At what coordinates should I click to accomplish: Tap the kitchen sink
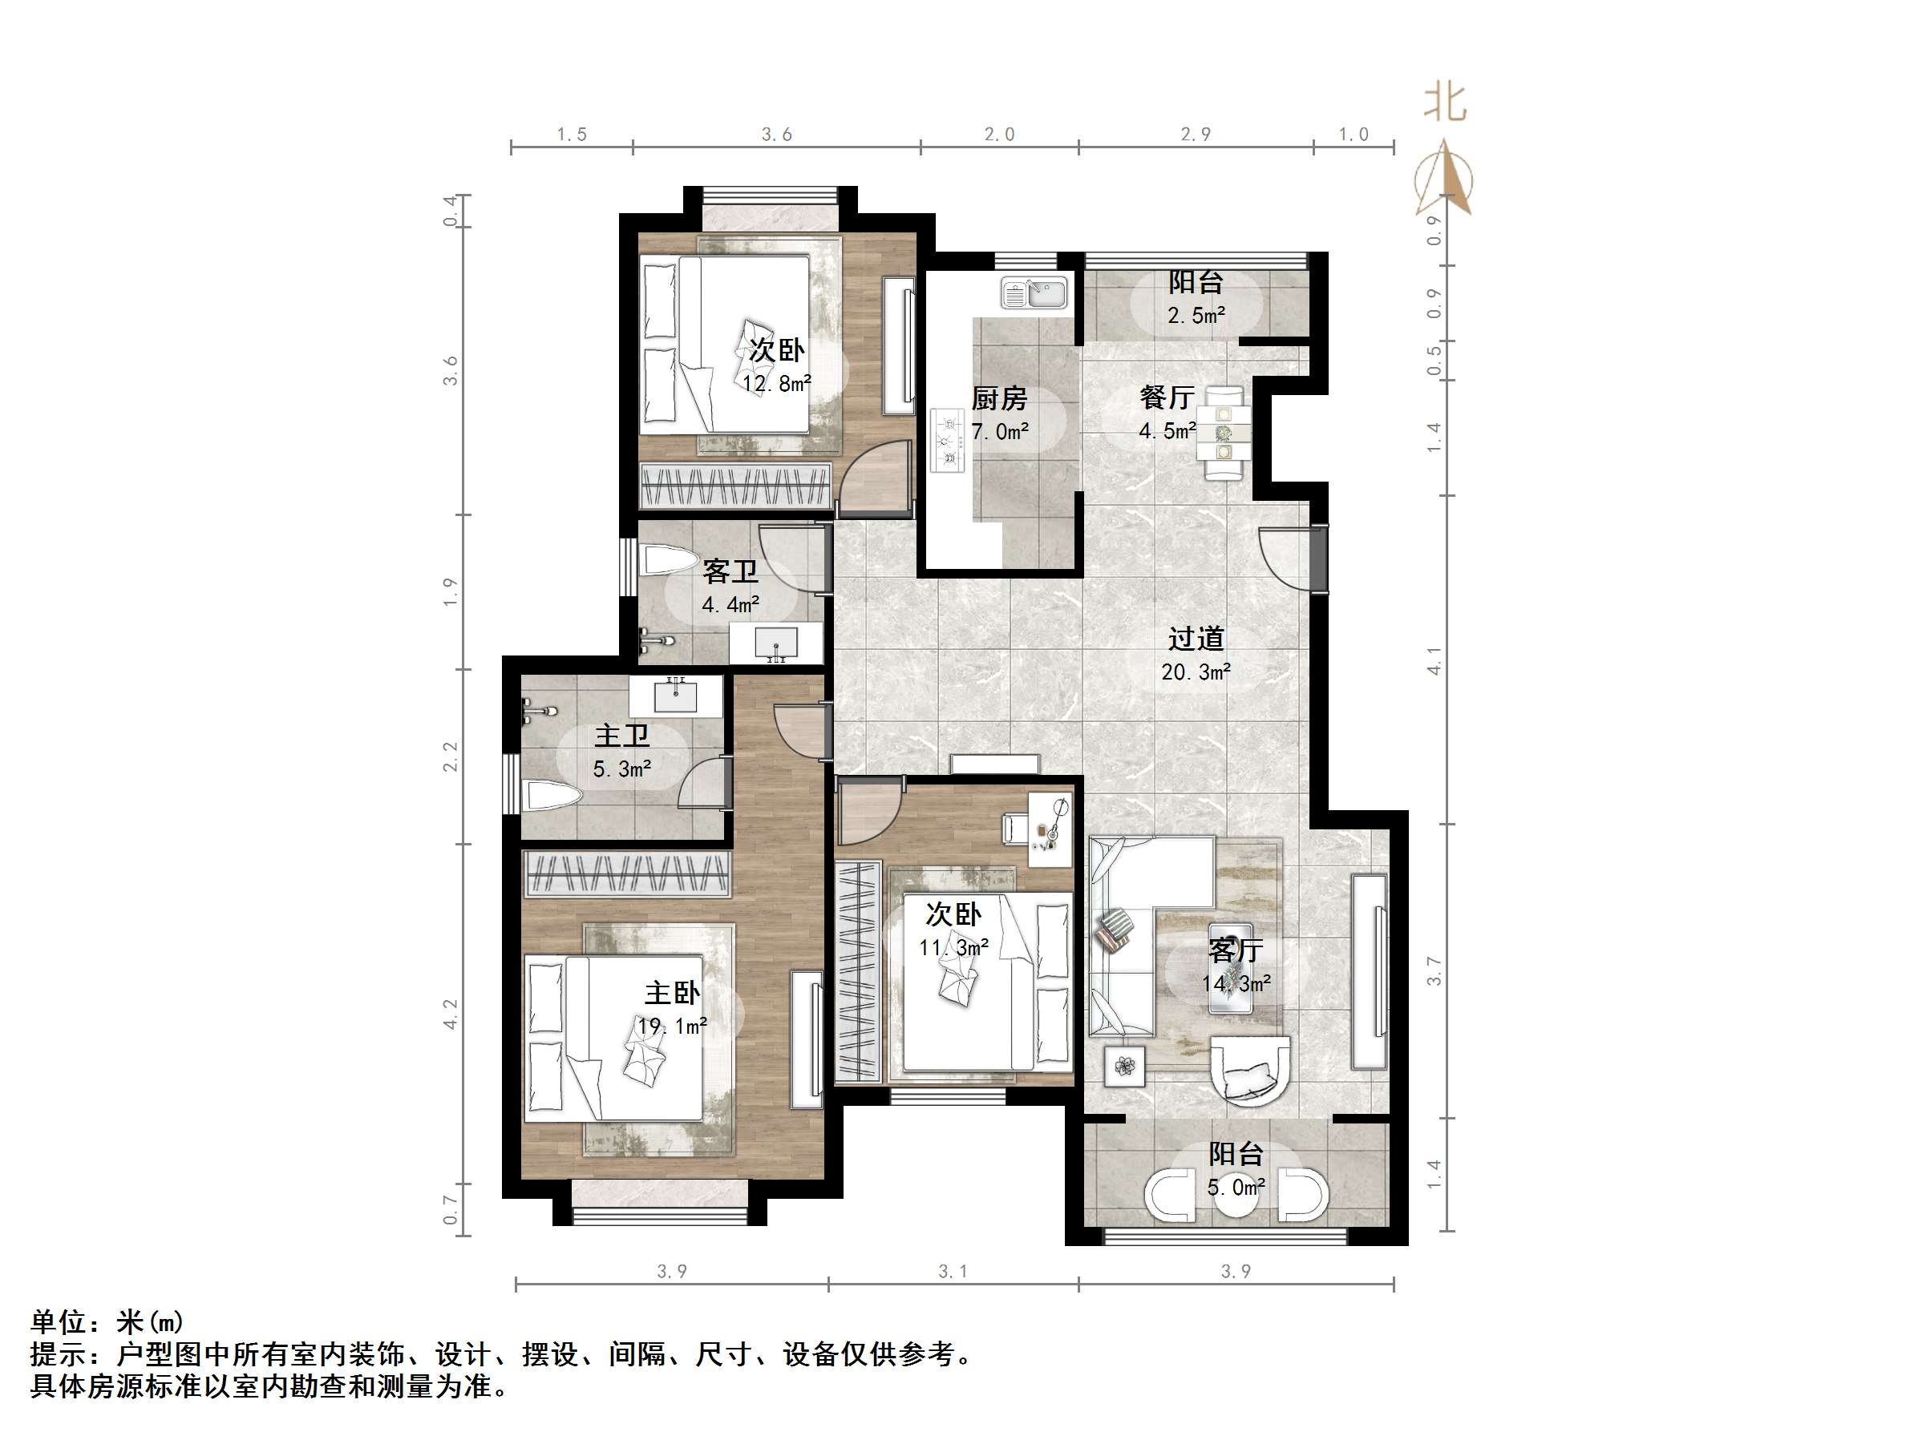click(x=1034, y=292)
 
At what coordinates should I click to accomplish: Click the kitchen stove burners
click(x=948, y=441)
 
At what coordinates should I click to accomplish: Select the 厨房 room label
click(x=999, y=399)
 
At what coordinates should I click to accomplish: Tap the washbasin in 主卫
click(x=675, y=696)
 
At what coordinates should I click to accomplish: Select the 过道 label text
click(x=1196, y=639)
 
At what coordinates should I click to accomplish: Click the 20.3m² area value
click(x=1196, y=672)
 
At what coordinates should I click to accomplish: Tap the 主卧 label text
click(x=672, y=993)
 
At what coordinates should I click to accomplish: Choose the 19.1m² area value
click(x=672, y=1027)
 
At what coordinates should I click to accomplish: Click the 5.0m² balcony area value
click(x=1236, y=1188)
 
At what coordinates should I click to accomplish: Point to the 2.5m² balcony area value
click(x=1196, y=316)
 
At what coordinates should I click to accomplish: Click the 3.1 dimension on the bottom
click(x=953, y=1272)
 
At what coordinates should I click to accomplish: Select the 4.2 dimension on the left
click(x=451, y=1015)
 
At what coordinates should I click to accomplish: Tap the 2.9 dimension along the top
click(x=1196, y=134)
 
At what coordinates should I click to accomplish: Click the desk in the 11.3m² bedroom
click(x=1050, y=829)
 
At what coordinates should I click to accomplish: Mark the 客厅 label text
click(x=1236, y=950)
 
